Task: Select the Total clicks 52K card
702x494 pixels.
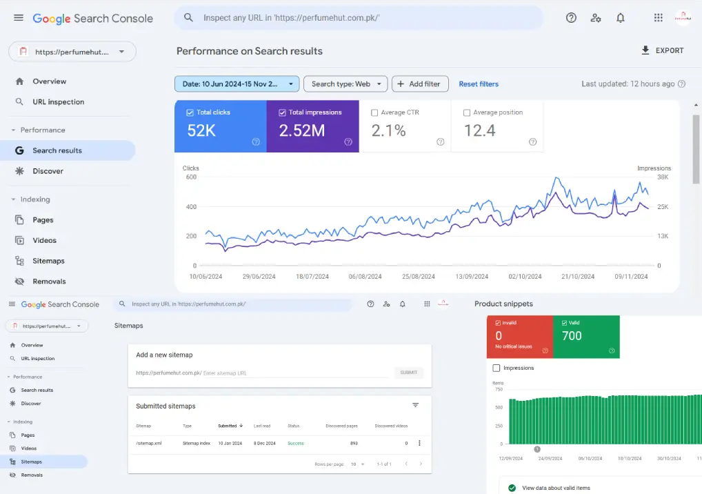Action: point(220,126)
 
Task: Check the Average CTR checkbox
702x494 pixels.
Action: point(374,112)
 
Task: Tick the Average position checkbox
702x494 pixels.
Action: point(467,112)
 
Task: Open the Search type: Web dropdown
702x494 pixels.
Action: point(345,84)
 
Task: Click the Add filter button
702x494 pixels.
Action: point(420,84)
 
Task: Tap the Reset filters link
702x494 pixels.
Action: point(479,84)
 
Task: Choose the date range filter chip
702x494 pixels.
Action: point(237,84)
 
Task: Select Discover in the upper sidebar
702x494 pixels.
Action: point(48,171)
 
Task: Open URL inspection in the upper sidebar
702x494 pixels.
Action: point(58,102)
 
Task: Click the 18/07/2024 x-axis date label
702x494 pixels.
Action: point(310,277)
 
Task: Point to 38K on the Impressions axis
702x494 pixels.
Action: point(663,177)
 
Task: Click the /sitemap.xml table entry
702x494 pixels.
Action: point(148,443)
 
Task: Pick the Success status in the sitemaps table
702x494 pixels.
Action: point(295,443)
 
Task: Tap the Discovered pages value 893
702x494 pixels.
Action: point(354,443)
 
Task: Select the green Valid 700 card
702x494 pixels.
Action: point(586,337)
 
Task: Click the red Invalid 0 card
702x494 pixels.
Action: point(519,337)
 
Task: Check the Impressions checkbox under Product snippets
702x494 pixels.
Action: point(497,368)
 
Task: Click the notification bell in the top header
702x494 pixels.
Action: point(621,18)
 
